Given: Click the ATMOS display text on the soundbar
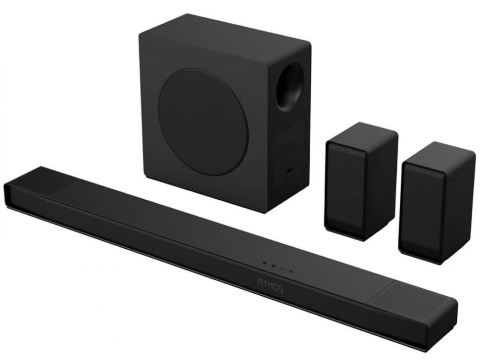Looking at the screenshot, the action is pyautogui.click(x=271, y=286).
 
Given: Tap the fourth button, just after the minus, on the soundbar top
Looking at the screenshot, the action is pyautogui.click(x=291, y=270).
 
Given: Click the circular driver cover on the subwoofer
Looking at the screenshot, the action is pyautogui.click(x=203, y=122).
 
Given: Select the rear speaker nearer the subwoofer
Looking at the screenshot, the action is pyautogui.click(x=361, y=181).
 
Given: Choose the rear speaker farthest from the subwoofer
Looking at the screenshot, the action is pyautogui.click(x=437, y=202).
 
